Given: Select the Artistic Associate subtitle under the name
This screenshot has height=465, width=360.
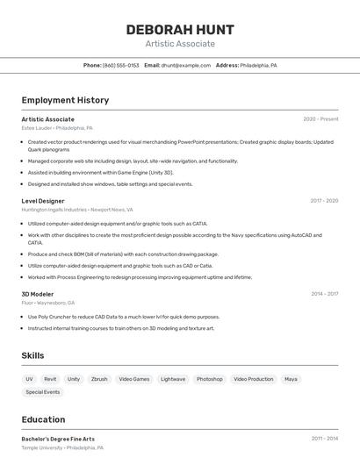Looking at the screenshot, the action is click(x=180, y=44).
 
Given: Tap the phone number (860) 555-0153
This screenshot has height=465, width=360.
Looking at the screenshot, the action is click(x=121, y=65).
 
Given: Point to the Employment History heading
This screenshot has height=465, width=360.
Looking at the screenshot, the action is click(x=65, y=100).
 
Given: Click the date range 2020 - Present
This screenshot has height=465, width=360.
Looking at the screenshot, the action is click(x=320, y=119).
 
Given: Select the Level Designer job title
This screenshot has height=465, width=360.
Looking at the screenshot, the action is click(x=43, y=201).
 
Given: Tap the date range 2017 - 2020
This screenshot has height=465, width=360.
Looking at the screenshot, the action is click(x=323, y=201).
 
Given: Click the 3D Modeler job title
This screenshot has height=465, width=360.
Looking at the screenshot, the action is click(x=38, y=294).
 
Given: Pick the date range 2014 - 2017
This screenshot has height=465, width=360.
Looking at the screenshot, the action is click(x=323, y=294).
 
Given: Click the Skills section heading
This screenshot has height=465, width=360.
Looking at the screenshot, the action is click(x=32, y=355).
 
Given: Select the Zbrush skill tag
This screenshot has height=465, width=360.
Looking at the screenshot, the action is click(x=99, y=379).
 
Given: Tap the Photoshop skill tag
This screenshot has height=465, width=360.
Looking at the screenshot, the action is click(x=209, y=379).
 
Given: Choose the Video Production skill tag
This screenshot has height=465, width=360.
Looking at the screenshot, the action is click(x=254, y=379).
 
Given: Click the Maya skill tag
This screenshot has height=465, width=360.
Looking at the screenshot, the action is click(x=291, y=379).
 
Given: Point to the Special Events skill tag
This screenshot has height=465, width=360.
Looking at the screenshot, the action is click(x=43, y=392).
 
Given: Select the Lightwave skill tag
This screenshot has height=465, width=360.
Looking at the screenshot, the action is click(x=173, y=379).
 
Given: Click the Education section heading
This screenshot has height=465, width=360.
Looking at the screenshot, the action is click(x=43, y=419).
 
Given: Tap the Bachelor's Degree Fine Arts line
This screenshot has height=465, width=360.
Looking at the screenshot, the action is click(x=58, y=439).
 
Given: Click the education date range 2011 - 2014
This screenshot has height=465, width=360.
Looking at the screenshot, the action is click(x=323, y=439).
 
